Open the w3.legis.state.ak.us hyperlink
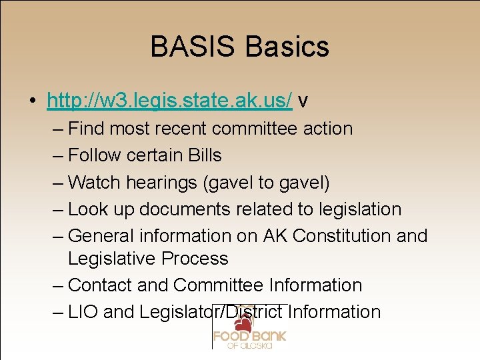pos(169,100)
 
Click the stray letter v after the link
pos(303,101)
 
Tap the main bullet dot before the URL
pos(32,101)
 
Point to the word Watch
pos(95,182)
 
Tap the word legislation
pos(359,209)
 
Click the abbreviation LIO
pos(83,312)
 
